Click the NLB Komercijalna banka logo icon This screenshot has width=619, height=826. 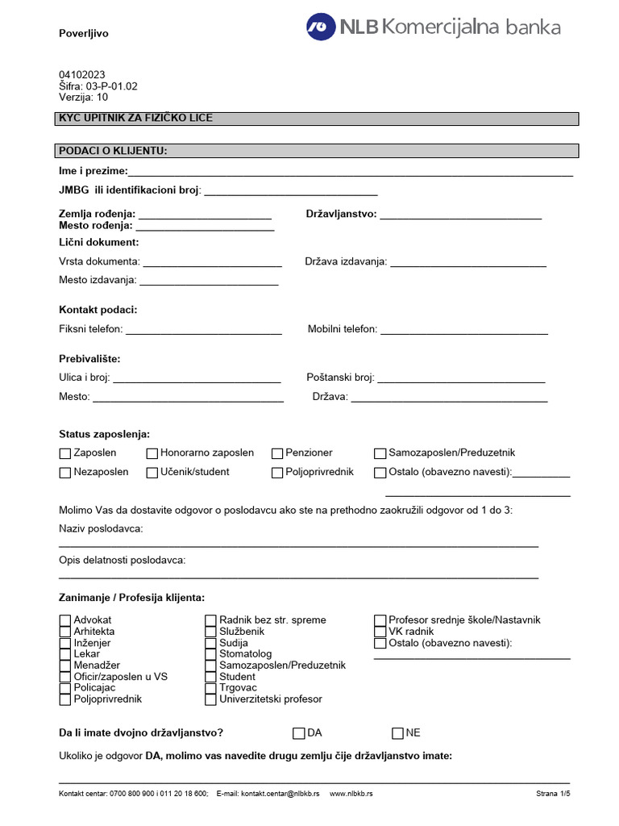(321, 27)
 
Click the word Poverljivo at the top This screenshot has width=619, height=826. (84, 34)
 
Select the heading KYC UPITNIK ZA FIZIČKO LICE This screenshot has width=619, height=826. (136, 119)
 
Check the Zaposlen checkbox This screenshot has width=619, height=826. (65, 454)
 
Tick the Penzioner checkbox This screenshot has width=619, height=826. (277, 454)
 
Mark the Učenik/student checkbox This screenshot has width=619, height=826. (152, 473)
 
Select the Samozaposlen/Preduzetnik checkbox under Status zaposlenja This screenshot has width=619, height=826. (380, 454)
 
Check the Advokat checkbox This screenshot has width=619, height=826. (65, 620)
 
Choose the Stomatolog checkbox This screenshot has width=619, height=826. (211, 654)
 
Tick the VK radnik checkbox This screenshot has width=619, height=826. (380, 632)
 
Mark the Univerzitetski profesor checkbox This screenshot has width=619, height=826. (211, 699)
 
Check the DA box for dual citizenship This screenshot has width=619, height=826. (299, 733)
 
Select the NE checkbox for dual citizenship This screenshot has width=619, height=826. (397, 733)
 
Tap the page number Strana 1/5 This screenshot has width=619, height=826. (553, 794)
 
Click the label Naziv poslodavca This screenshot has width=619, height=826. (101, 528)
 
